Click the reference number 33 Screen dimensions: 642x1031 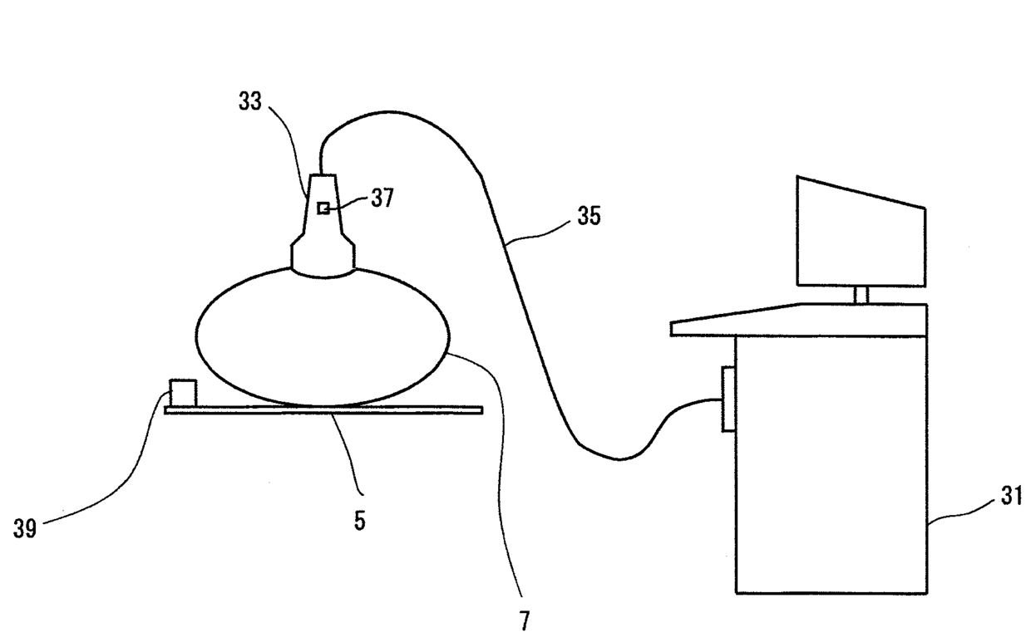point(249,103)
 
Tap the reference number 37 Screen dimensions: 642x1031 point(382,200)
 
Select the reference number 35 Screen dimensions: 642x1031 point(587,218)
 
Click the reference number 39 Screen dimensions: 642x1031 point(25,529)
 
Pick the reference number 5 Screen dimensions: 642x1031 point(359,522)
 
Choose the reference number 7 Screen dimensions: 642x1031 point(524,621)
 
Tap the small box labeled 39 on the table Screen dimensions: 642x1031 point(182,393)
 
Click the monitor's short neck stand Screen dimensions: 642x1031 point(861,294)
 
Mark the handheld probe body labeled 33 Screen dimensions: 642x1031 point(323,228)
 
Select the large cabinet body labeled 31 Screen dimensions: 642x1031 point(831,465)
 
